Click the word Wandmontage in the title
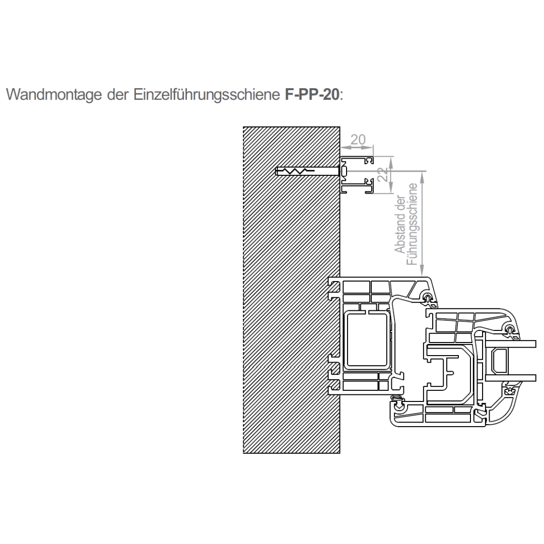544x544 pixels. [54, 94]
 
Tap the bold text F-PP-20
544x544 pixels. [312, 94]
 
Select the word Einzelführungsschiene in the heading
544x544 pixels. [207, 94]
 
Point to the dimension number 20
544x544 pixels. [358, 140]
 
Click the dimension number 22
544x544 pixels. [383, 174]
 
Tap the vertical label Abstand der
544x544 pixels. [400, 225]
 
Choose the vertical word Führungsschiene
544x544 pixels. [412, 224]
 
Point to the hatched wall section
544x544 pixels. [292, 290]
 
